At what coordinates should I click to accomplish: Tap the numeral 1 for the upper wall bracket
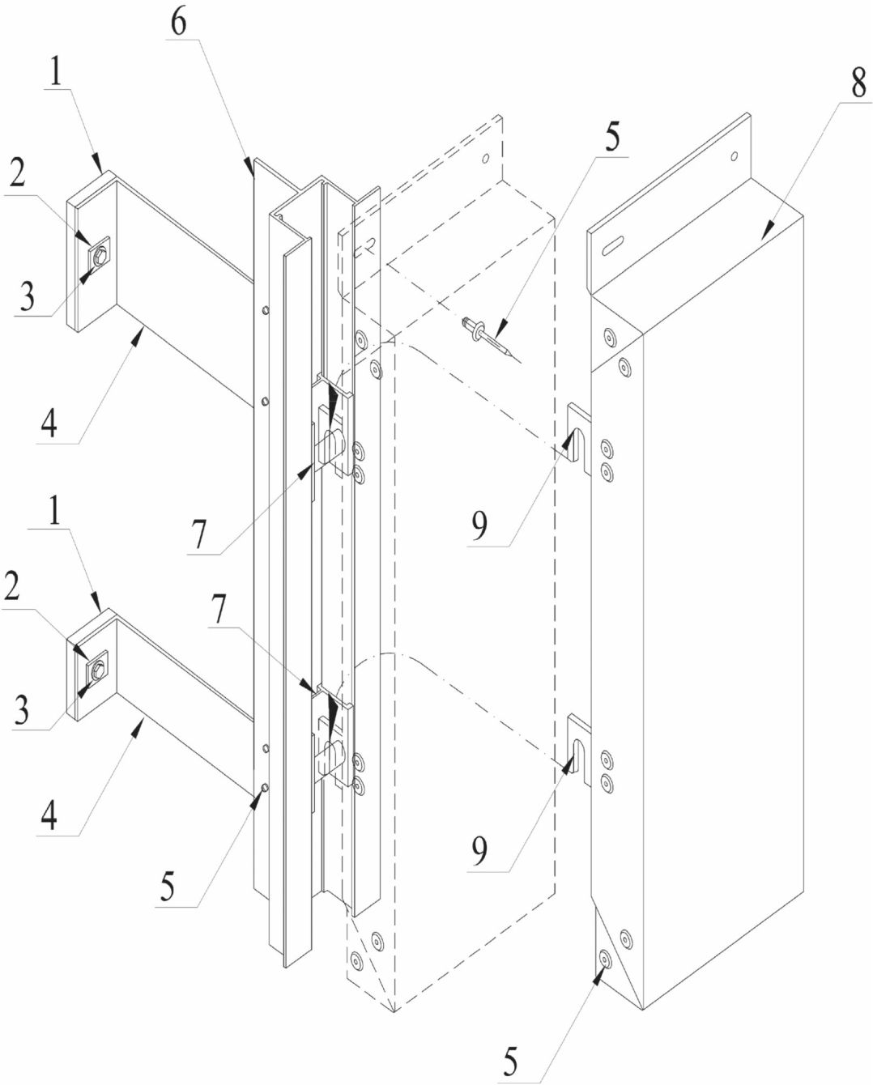point(56,71)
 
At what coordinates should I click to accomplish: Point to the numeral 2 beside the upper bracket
point(18,174)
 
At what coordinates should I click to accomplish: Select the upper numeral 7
point(198,534)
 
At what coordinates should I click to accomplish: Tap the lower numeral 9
point(479,850)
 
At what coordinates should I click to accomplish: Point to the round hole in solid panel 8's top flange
point(735,156)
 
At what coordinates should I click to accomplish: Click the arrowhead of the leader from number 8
point(767,231)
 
